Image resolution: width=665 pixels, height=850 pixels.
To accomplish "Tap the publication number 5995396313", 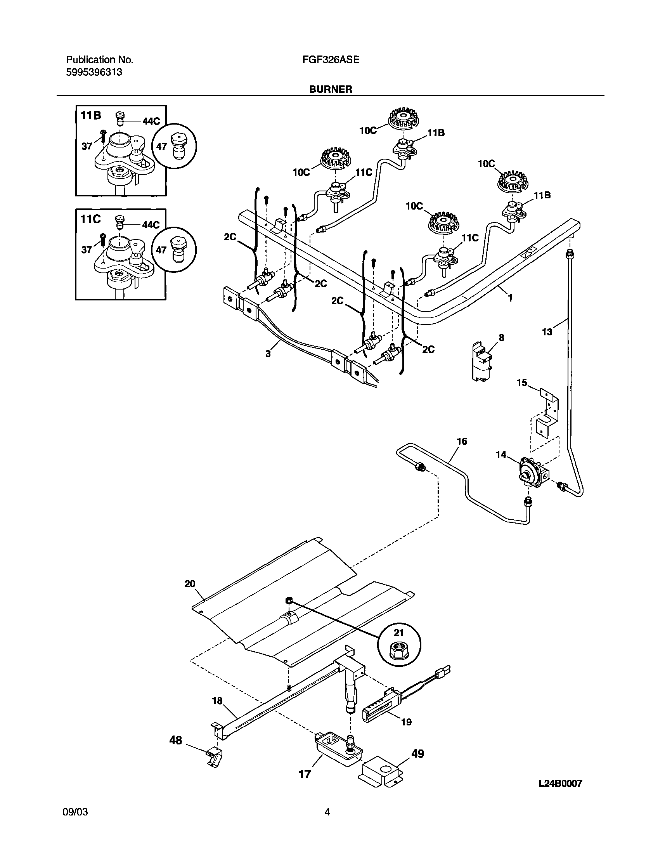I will pos(94,72).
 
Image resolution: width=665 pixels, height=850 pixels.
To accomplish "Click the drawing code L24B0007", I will pos(560,783).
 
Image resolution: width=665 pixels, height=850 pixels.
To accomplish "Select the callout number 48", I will pos(176,740).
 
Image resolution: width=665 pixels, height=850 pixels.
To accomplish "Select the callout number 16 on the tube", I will pos(462,441).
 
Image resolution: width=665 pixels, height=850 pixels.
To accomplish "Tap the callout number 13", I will pos(547,332).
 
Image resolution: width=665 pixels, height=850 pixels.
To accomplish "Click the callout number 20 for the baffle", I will pos(190,595).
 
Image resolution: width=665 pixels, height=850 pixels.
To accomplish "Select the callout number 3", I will pos(268,354).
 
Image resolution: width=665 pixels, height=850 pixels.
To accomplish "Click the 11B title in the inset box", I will pos(91,115).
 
